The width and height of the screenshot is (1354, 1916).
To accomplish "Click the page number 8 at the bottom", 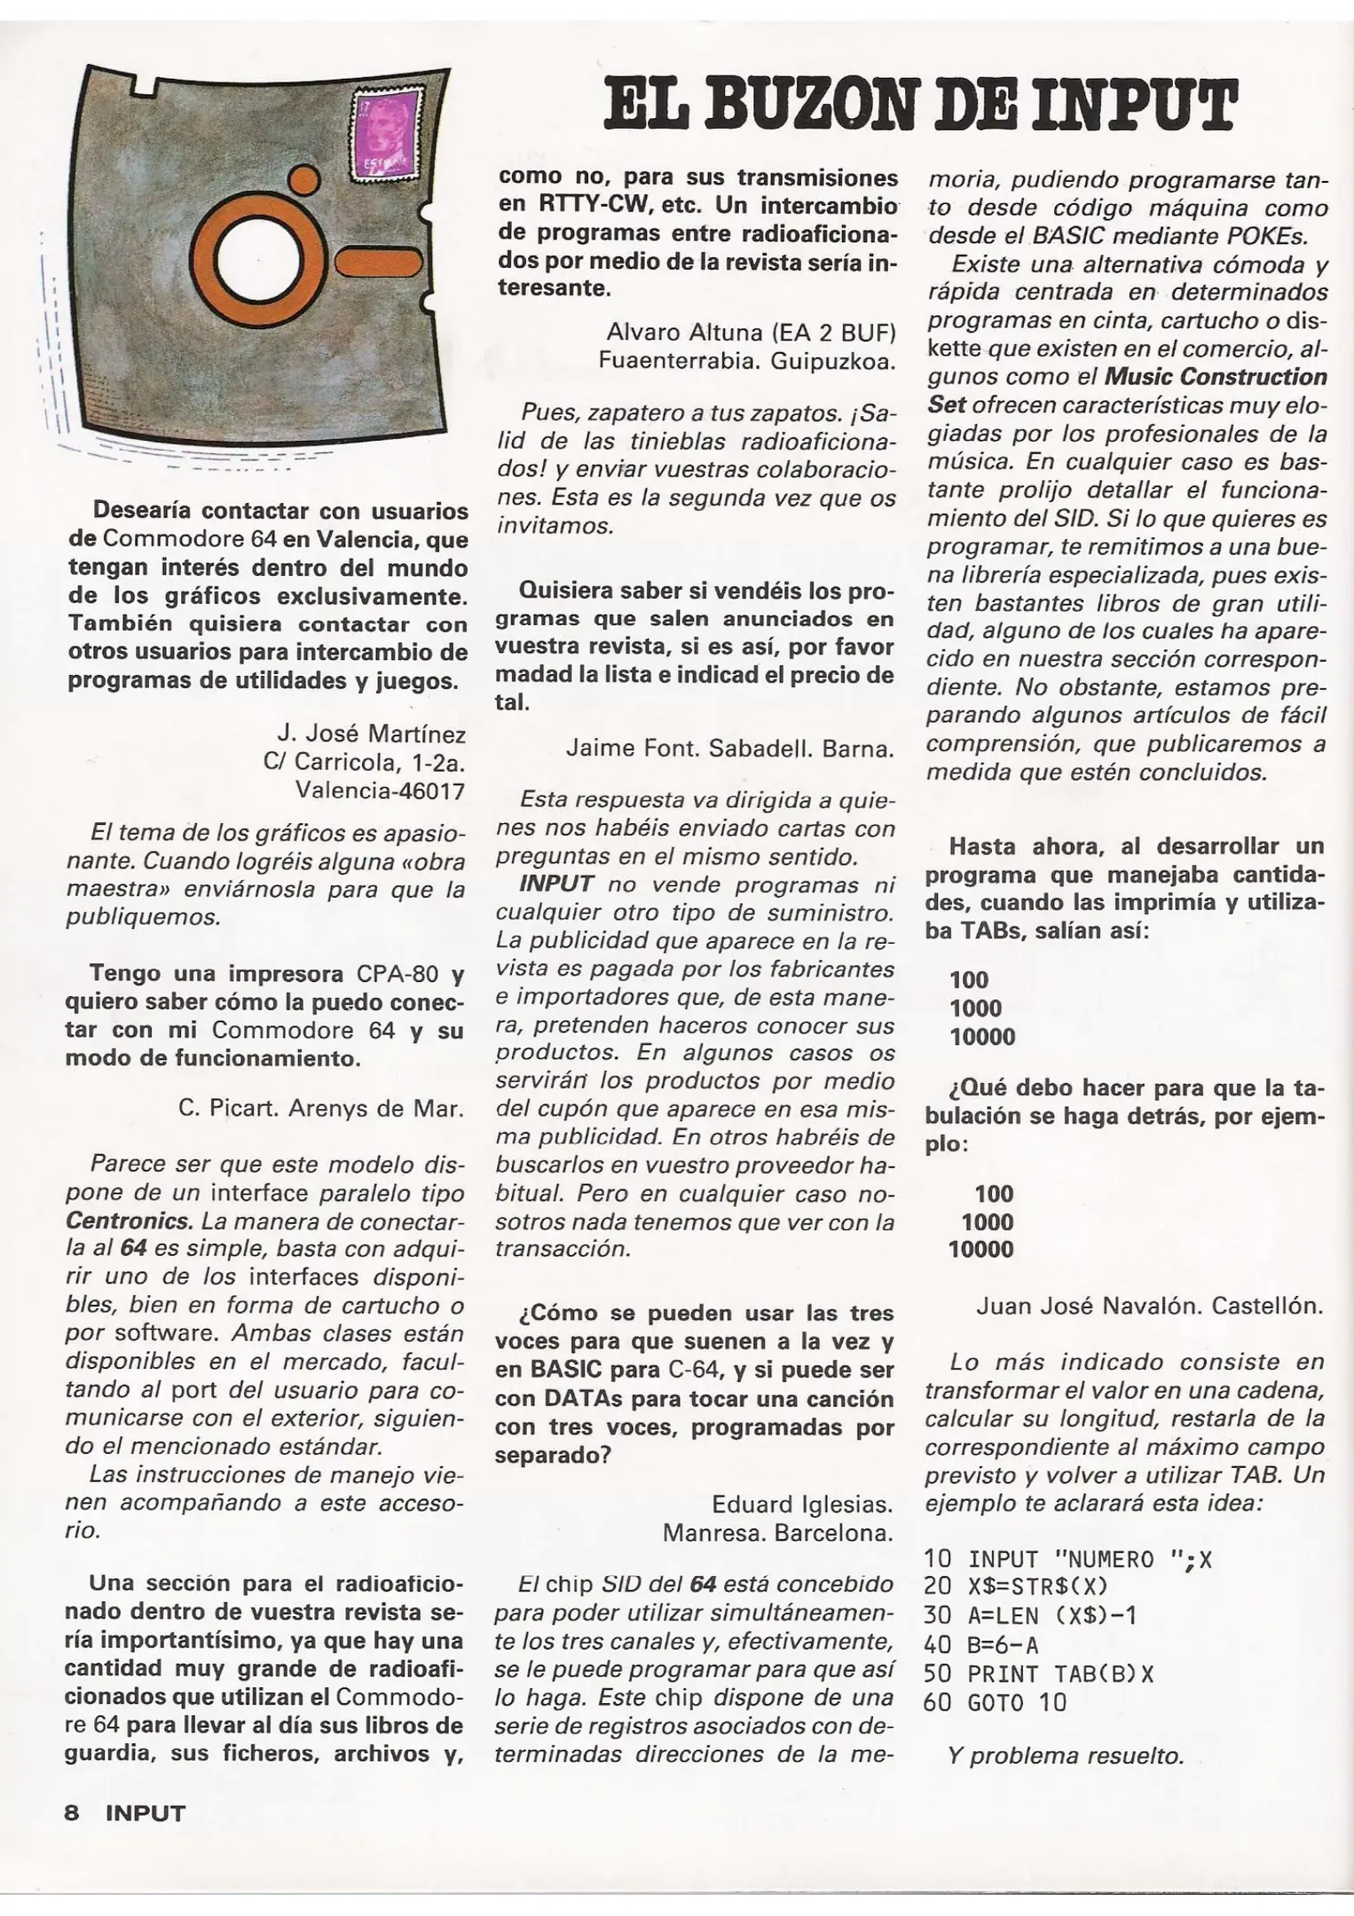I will [x=73, y=1812].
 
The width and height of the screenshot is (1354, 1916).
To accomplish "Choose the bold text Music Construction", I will [x=1216, y=377].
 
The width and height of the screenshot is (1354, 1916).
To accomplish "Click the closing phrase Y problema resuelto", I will [x=1066, y=1755].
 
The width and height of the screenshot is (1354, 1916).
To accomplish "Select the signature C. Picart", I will [x=220, y=1109].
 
